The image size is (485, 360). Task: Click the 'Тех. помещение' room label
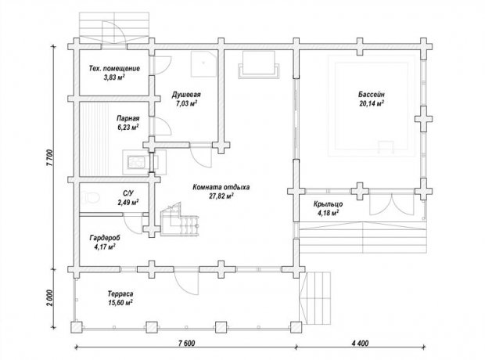114,68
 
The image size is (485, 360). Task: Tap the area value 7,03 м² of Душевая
186,103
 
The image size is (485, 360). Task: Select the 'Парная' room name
128,118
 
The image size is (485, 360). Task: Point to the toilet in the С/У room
92,197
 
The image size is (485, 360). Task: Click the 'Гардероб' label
105,238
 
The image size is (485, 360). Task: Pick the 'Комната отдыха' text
221,187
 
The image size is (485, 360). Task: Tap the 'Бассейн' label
372,95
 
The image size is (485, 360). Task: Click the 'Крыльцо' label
328,204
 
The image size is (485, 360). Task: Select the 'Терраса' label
120,293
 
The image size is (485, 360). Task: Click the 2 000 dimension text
50,297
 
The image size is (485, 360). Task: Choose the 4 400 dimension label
360,344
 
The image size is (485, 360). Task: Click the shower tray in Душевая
203,63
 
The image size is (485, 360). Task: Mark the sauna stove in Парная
136,162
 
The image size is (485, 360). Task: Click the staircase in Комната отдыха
179,220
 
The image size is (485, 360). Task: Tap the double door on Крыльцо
392,203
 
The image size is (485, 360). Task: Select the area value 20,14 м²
372,103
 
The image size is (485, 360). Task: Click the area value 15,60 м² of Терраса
120,303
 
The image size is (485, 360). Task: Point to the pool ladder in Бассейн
386,146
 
